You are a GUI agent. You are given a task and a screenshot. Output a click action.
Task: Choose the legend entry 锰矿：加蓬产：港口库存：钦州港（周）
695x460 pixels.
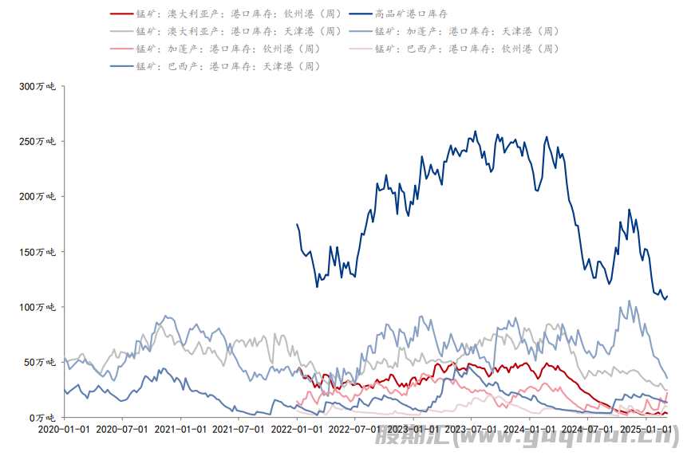(x=227, y=49)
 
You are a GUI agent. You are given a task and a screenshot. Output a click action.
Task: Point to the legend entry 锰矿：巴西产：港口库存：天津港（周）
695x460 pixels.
(x=227, y=66)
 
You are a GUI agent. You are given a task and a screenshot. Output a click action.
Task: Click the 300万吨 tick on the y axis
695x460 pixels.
(x=37, y=86)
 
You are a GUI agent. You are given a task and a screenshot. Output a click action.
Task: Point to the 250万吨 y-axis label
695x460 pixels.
(x=37, y=141)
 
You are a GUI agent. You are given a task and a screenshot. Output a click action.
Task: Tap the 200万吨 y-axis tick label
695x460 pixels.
(x=37, y=196)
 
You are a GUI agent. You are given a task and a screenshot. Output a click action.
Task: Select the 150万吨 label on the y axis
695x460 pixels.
(x=37, y=252)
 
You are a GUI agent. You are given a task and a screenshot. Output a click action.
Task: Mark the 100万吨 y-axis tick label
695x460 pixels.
(x=37, y=307)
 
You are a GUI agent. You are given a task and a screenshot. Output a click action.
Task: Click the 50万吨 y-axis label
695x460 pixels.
(x=40, y=362)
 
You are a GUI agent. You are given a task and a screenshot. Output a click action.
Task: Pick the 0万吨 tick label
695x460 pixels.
(x=42, y=418)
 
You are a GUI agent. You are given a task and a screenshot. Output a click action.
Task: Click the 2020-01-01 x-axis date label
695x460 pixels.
(x=65, y=429)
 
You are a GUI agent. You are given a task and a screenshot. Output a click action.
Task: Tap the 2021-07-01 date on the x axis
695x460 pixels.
(x=239, y=429)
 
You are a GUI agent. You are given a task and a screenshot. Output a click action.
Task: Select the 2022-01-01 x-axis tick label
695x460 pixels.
(x=296, y=429)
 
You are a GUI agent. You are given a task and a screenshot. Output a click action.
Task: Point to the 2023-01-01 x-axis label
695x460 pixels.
(x=413, y=429)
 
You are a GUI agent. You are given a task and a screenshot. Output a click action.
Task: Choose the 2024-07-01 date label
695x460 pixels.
(x=586, y=429)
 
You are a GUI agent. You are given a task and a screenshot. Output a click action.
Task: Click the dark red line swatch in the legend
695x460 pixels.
(x=120, y=14)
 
